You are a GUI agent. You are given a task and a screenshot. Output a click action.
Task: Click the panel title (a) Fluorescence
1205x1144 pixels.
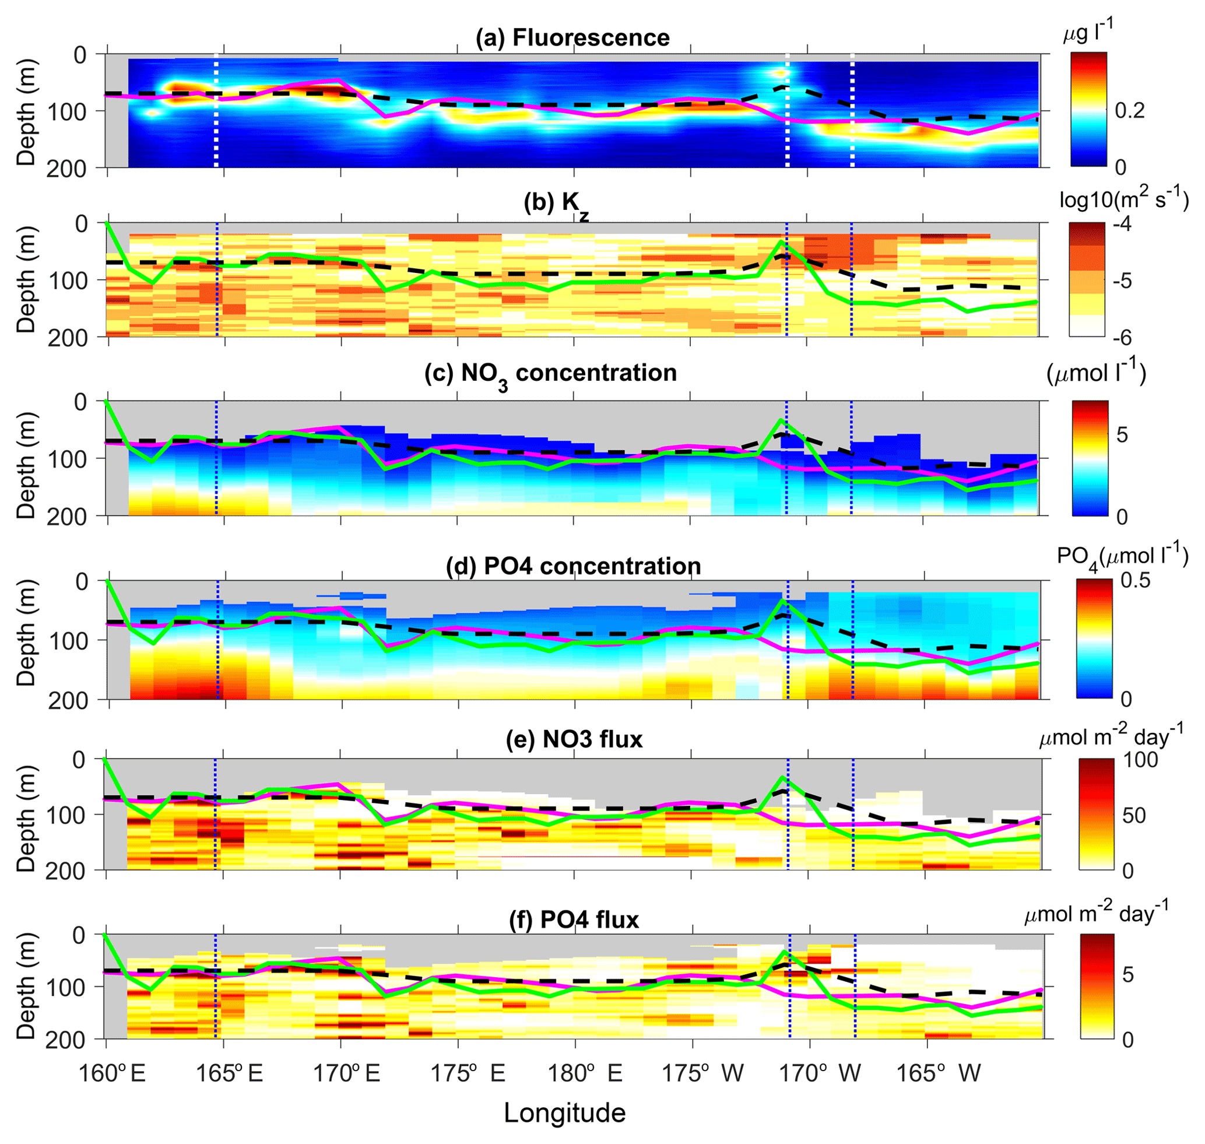(572, 38)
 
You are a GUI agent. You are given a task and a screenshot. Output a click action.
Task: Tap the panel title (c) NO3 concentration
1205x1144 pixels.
(550, 374)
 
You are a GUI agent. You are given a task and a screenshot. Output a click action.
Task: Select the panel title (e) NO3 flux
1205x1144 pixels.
(574, 739)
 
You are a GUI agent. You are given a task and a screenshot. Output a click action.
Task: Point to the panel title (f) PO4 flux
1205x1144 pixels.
(574, 919)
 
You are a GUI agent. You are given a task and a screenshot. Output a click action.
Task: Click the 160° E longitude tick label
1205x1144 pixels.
(112, 1073)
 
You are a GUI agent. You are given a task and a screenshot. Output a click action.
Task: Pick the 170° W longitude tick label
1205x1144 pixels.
(823, 1073)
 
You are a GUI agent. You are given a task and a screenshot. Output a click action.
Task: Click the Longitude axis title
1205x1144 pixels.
(565, 1114)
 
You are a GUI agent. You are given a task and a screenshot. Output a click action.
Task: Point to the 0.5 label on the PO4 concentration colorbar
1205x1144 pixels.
(1136, 580)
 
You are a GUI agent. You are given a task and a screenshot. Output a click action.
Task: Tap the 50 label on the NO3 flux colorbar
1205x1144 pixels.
(1134, 815)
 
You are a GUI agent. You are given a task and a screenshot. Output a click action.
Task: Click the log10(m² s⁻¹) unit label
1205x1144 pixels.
(1124, 198)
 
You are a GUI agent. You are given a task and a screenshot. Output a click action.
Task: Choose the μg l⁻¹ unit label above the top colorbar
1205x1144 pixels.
(1088, 32)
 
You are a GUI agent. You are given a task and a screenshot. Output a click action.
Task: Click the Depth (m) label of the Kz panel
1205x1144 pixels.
(26, 280)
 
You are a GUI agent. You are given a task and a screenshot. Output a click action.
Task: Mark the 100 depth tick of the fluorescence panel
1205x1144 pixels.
(68, 111)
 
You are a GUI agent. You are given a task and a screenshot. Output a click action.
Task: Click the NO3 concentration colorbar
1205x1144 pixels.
(1090, 458)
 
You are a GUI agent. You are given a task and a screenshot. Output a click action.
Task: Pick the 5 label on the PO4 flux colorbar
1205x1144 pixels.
(1127, 974)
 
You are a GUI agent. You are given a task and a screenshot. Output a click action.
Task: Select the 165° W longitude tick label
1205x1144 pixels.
(939, 1073)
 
